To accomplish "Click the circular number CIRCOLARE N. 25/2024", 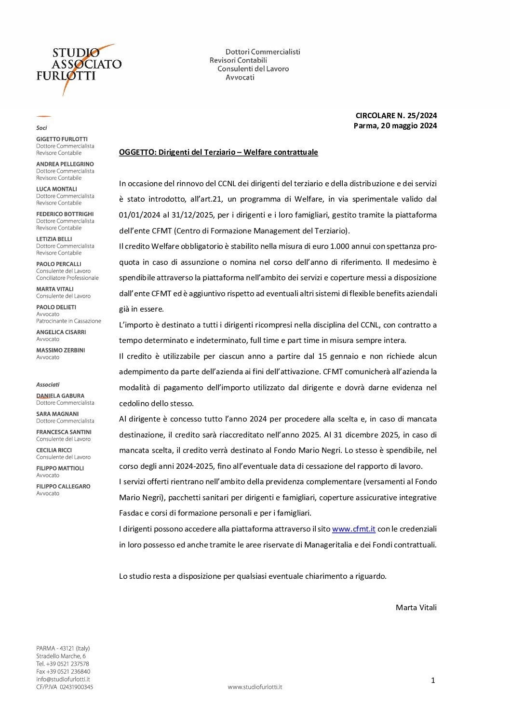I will coord(396,115).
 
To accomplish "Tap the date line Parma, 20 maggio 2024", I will coord(395,126).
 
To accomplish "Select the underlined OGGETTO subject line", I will coord(218,152).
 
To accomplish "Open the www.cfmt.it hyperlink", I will coord(353,529).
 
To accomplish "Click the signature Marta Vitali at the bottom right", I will coord(416,608).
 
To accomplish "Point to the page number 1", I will coord(433,681).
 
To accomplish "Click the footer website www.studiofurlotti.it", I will coord(255,687).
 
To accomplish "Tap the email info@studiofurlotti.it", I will coord(63,679).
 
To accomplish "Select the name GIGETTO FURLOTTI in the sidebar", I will coord(62,139).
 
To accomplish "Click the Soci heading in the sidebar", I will coord(41,128).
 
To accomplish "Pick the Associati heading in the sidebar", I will coord(48,385).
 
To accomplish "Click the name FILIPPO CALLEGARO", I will coord(63,487).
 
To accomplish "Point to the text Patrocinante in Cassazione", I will coord(68,321).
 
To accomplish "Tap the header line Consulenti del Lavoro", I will coord(253,69).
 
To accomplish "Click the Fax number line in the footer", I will coord(63,671).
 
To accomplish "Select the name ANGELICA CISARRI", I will coord(61,332).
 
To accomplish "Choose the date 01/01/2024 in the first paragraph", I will coord(139,215).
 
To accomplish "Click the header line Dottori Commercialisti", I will coord(263,52).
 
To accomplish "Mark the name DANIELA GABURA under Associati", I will coord(60,396).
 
